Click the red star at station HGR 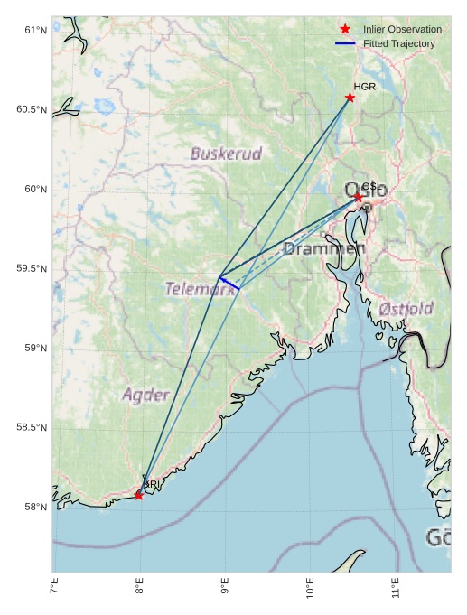click(x=350, y=98)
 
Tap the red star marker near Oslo click(x=358, y=197)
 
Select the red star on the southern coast click(x=138, y=495)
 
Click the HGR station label click(x=364, y=87)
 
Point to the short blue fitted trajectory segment click(x=229, y=284)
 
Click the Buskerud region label click(x=226, y=154)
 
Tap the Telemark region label click(x=200, y=289)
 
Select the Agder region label click(x=145, y=395)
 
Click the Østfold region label click(x=406, y=308)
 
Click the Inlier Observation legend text click(x=402, y=30)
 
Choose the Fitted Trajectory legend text click(x=398, y=43)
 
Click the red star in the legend click(x=345, y=30)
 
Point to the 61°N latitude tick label click(x=35, y=30)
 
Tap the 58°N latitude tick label click(x=35, y=507)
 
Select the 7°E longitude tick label click(x=54, y=591)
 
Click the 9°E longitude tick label click(x=225, y=591)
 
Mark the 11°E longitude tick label click(x=396, y=591)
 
